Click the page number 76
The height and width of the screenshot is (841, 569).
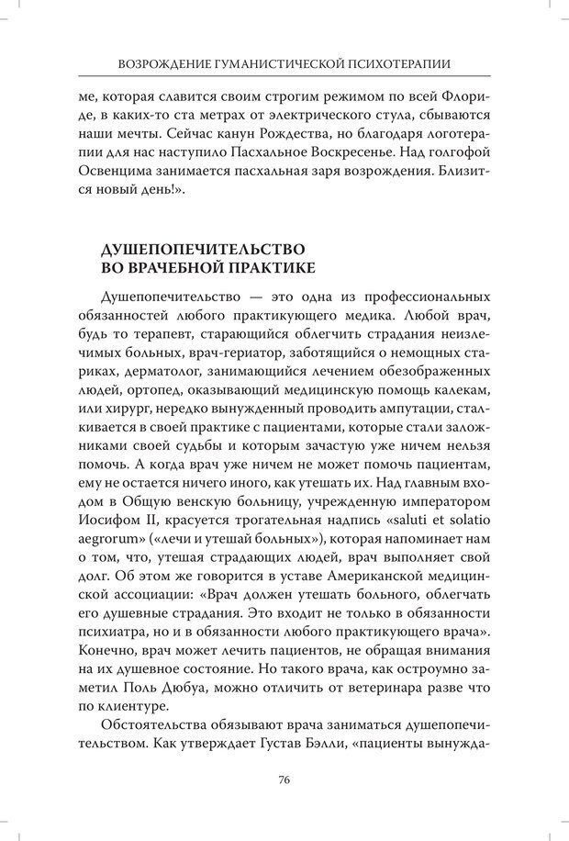[284, 779]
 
